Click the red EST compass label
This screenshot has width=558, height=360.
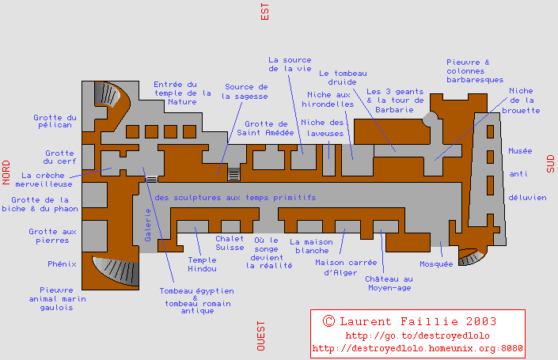tap(265, 11)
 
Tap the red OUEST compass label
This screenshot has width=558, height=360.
tap(260, 335)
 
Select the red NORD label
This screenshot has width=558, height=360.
tap(6, 172)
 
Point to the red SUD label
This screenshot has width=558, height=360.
tap(551, 163)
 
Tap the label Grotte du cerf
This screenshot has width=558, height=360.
tap(59, 157)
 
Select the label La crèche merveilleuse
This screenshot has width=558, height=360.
tap(49, 180)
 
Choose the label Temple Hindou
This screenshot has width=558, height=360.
tap(202, 265)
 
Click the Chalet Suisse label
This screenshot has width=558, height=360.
tap(230, 243)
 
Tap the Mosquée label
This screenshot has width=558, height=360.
tap(437, 263)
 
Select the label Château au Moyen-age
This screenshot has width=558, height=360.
tap(389, 284)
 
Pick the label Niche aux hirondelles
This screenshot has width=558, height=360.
tap(329, 99)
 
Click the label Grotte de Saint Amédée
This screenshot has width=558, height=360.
tap(266, 129)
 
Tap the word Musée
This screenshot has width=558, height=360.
tap(520, 150)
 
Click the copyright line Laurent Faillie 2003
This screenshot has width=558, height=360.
tap(410, 321)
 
